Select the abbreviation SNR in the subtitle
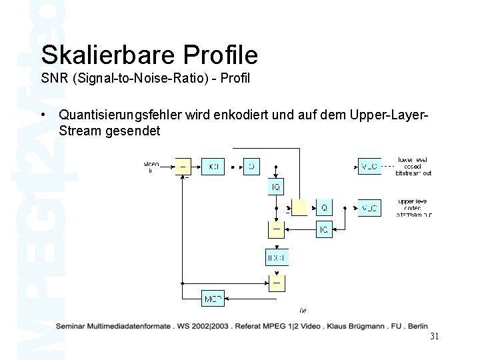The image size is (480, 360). [54, 79]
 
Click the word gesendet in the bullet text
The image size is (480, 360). [134, 131]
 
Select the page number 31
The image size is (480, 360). [434, 336]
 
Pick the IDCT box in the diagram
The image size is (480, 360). [276, 257]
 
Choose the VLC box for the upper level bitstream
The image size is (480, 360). [370, 208]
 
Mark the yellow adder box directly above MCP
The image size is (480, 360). [276, 282]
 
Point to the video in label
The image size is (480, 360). [151, 166]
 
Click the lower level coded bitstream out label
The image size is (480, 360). [414, 165]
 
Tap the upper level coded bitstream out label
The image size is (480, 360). [414, 208]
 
